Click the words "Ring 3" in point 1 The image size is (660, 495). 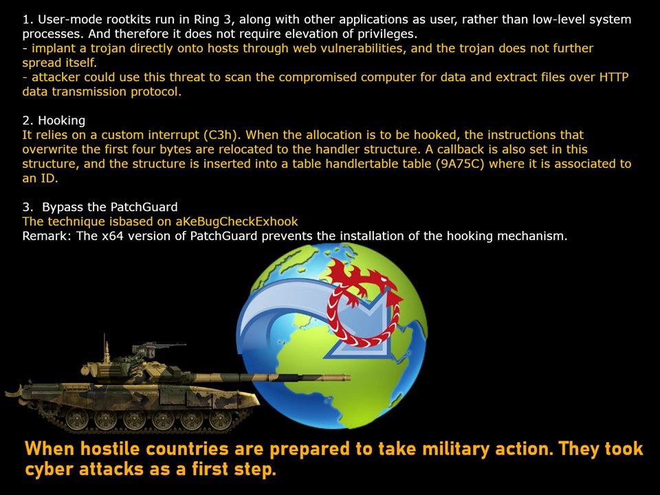pos(212,20)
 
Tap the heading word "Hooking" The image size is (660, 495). pos(61,121)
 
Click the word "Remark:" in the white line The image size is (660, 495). pos(47,236)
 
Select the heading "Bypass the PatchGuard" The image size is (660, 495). pos(110,207)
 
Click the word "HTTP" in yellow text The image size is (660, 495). pos(614,78)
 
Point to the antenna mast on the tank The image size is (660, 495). pos(104,347)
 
